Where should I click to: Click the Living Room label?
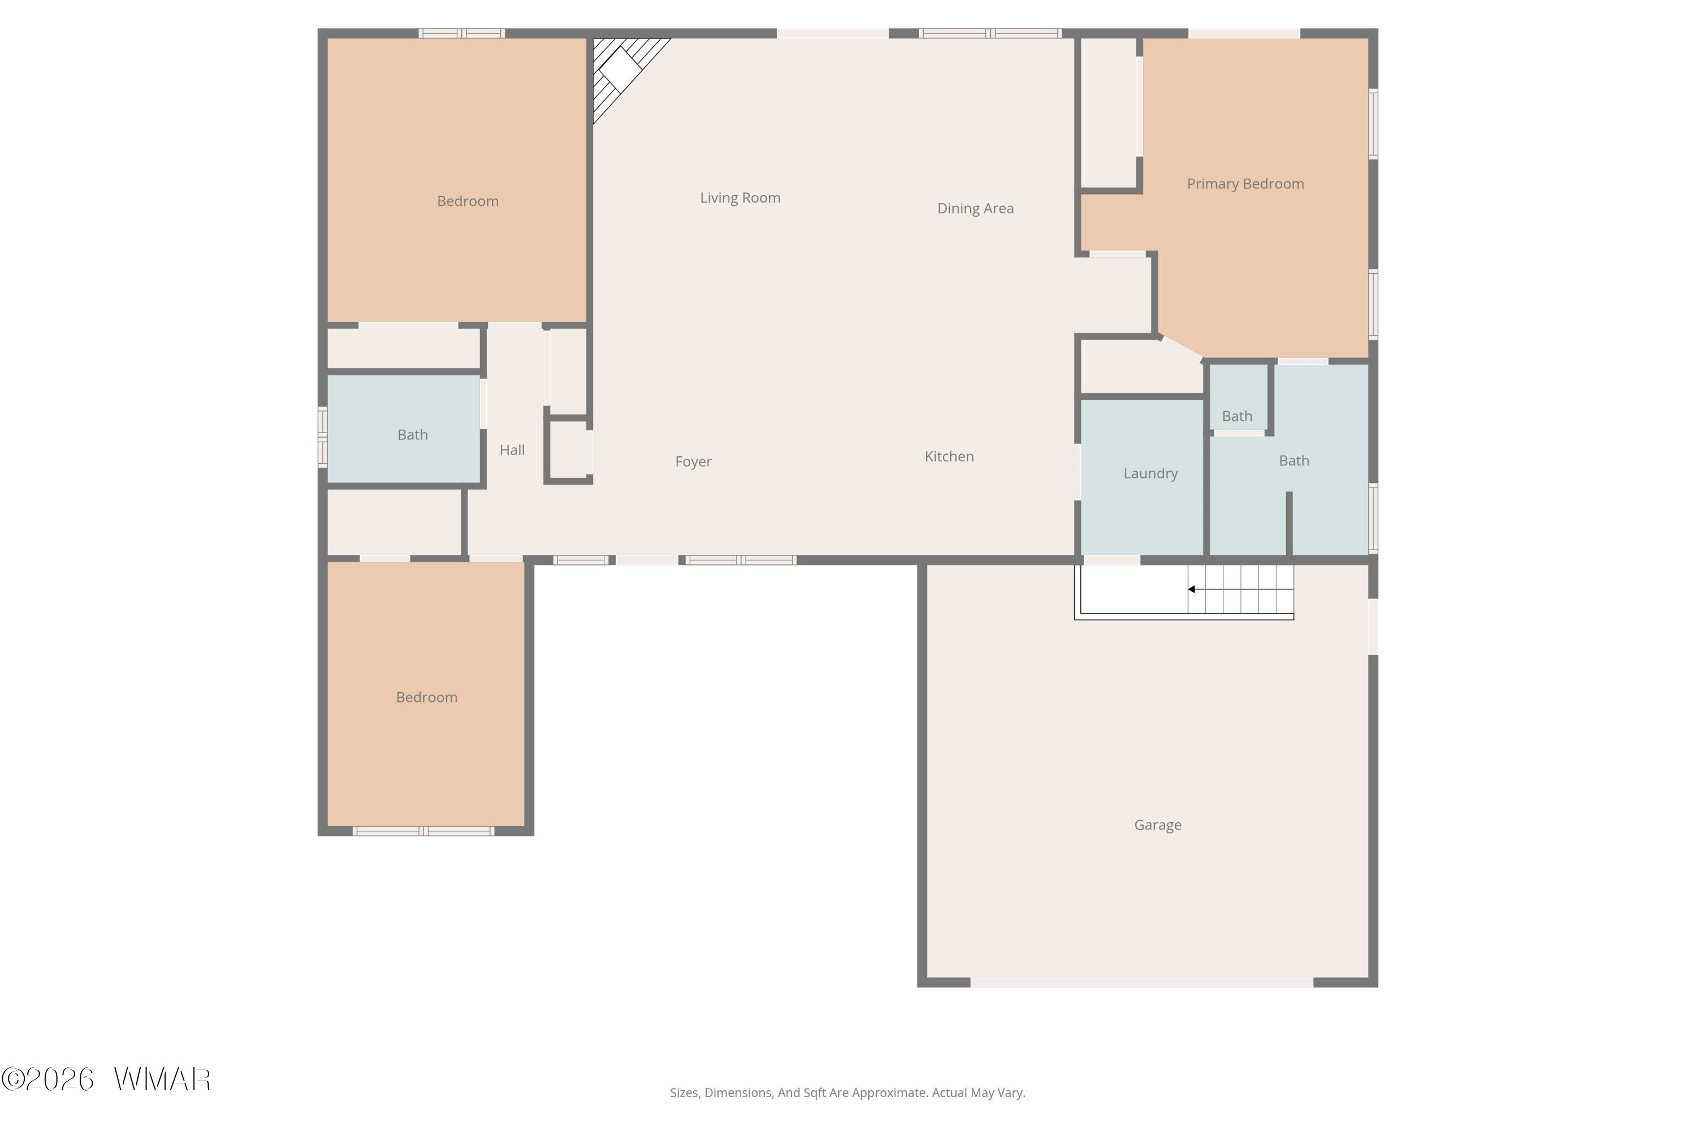(x=740, y=197)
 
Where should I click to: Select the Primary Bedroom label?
(x=1245, y=184)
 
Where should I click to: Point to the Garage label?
(x=1157, y=824)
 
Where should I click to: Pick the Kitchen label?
(x=949, y=456)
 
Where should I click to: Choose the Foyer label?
(x=693, y=461)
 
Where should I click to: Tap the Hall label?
(x=512, y=450)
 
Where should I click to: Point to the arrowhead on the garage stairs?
(x=1191, y=589)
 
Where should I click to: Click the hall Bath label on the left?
(x=413, y=435)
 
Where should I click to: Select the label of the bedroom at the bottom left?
(x=426, y=697)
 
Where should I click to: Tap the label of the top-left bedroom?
(x=468, y=201)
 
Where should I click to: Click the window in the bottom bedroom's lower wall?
(x=423, y=831)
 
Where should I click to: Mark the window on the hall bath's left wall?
(x=323, y=437)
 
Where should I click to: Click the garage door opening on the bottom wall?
(x=1141, y=982)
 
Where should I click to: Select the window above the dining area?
(x=990, y=33)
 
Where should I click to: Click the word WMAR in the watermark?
(x=162, y=1080)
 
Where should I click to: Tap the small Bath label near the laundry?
(x=1237, y=416)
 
